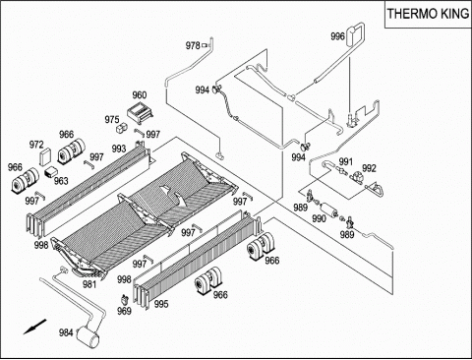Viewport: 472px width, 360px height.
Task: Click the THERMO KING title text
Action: pyautogui.click(x=428, y=14)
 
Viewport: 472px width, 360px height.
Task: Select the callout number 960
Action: pyautogui.click(x=140, y=95)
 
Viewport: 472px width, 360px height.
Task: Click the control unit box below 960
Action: pyautogui.click(x=140, y=112)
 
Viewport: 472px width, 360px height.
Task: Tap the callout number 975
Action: pyautogui.click(x=112, y=120)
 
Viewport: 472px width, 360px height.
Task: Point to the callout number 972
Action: pyautogui.click(x=36, y=145)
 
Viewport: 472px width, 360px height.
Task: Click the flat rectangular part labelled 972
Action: pyautogui.click(x=45, y=156)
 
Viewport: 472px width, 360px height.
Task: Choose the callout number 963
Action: pyautogui.click(x=61, y=181)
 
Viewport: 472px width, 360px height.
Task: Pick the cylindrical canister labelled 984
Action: pyautogui.click(x=88, y=335)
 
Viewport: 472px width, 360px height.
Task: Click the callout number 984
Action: pyautogui.click(x=66, y=332)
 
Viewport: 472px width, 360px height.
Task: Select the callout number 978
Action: pyautogui.click(x=193, y=45)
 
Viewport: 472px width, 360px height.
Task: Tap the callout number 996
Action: pyautogui.click(x=337, y=36)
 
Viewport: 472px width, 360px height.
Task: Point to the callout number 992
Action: pyautogui.click(x=369, y=168)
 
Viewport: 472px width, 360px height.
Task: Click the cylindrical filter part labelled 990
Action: pyautogui.click(x=328, y=210)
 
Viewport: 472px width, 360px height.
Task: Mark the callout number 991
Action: pyautogui.click(x=345, y=161)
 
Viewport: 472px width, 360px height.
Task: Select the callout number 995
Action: pyautogui.click(x=161, y=304)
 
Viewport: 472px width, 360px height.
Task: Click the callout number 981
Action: pyautogui.click(x=89, y=284)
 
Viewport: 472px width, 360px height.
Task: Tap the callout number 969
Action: pyautogui.click(x=124, y=311)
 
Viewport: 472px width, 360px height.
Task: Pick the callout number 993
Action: pyautogui.click(x=119, y=149)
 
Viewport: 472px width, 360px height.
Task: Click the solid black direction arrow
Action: pyautogui.click(x=34, y=327)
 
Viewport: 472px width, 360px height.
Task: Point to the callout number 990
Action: pyautogui.click(x=319, y=218)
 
